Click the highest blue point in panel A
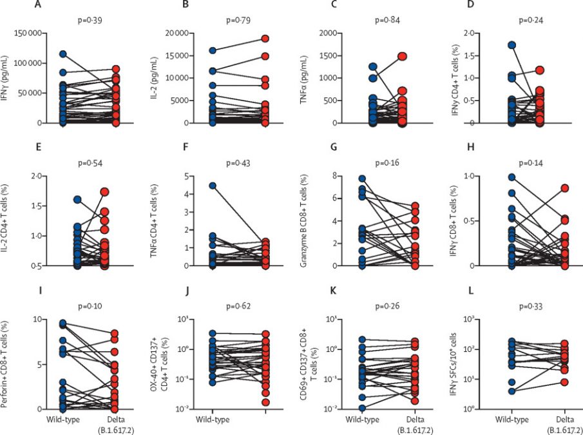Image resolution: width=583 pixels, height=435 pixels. coord(63,55)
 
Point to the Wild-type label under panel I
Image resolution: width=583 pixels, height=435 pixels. coord(62,420)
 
